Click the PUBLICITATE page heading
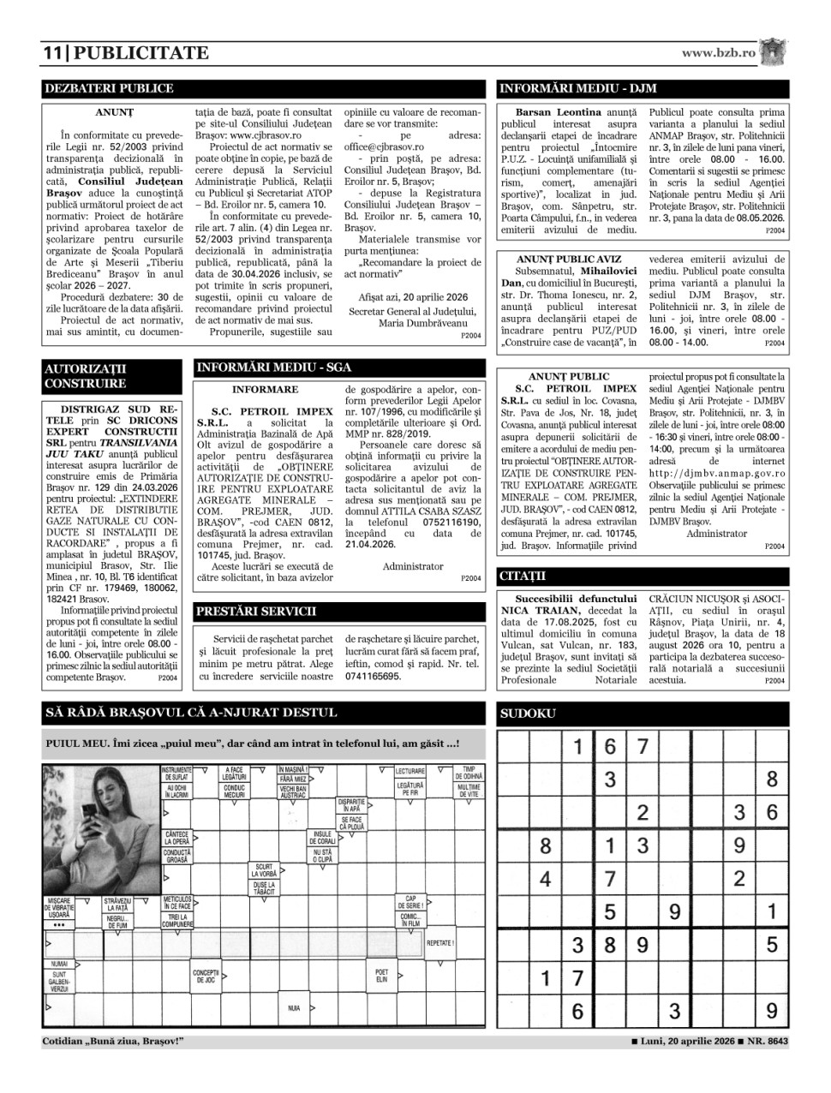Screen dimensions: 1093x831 [141, 53]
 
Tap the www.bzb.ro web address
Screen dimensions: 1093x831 [719, 53]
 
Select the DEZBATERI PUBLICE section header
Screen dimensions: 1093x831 [109, 88]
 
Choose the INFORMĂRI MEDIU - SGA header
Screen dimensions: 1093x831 [274, 367]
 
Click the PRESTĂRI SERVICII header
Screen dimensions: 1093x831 [256, 612]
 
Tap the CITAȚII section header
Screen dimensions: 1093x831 [523, 576]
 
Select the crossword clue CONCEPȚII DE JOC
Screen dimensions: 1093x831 [206, 976]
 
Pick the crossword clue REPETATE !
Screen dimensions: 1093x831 [440, 943]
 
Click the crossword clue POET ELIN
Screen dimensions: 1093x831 [381, 976]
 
